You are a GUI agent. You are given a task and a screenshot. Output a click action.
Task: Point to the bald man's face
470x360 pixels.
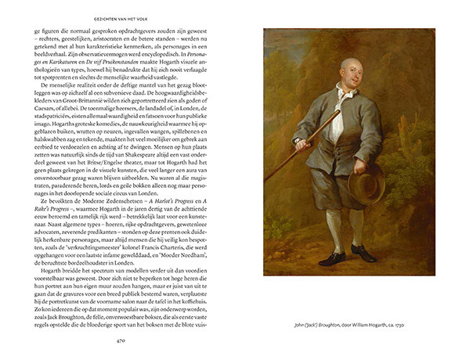349,77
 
